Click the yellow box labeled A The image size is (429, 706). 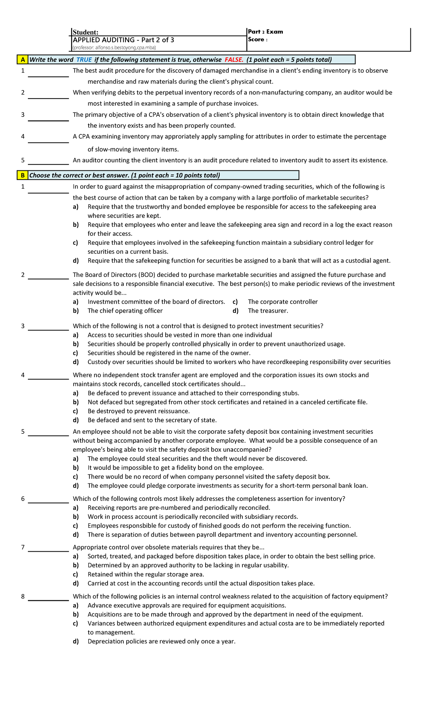coord(23,60)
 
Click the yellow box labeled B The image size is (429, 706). coord(23,175)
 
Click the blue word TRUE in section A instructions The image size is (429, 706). coord(84,60)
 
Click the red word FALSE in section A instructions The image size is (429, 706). coord(234,60)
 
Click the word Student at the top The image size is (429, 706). coord(85,33)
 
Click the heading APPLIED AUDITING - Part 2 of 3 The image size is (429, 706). coord(123,40)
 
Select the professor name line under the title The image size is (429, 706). coord(114,48)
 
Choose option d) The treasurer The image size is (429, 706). coord(268,311)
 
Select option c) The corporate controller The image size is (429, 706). coord(282,302)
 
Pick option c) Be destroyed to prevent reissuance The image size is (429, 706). coord(138,411)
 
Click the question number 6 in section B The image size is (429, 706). coord(23,499)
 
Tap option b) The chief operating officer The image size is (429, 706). coord(125,311)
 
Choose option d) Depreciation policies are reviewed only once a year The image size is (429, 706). coord(161,641)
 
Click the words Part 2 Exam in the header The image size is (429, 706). coord(265,32)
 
